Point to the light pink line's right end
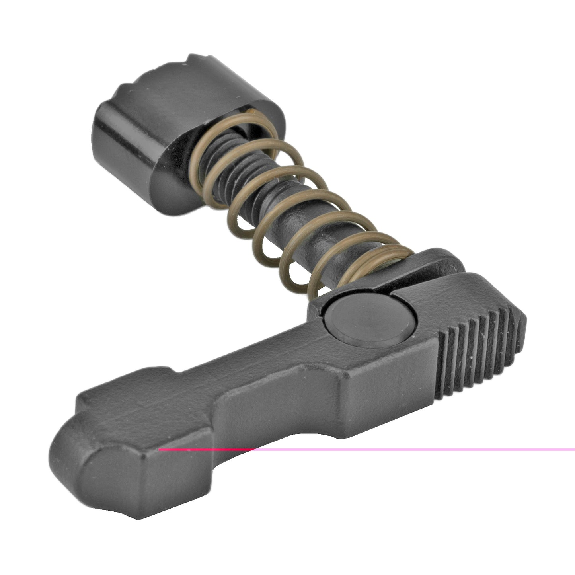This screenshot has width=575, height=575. pos(573,450)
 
